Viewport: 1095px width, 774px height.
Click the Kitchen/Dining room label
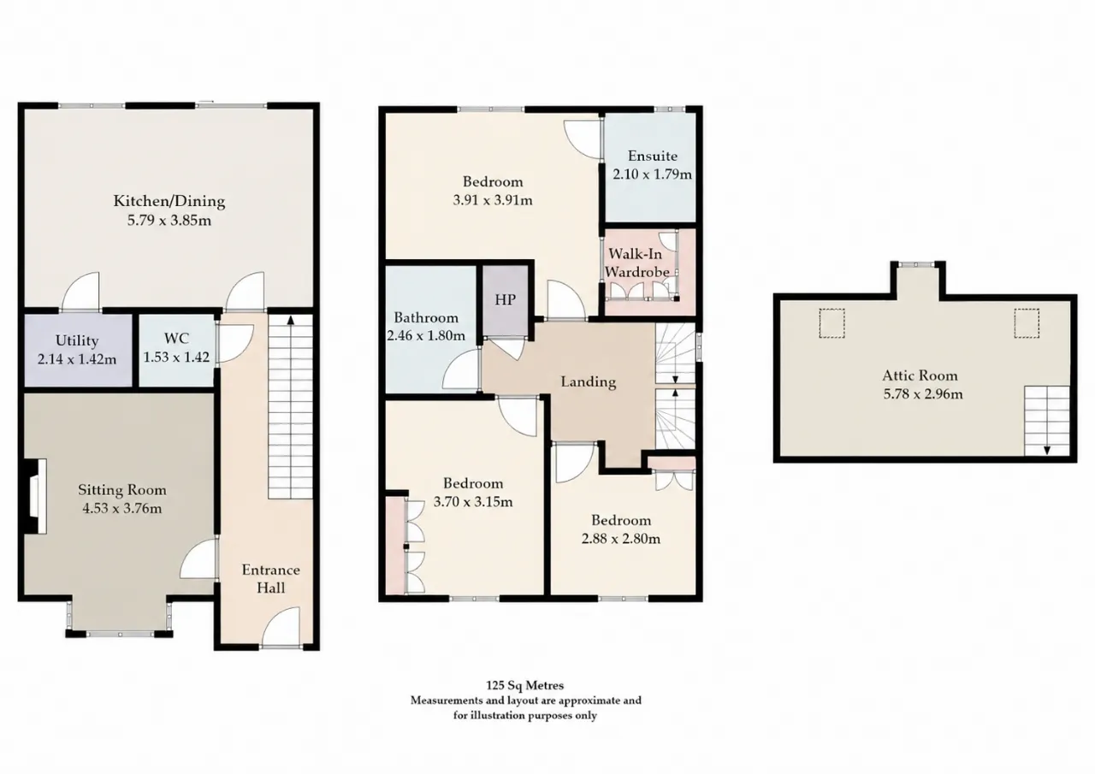[169, 201]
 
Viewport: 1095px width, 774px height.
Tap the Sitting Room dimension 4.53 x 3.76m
[121, 509]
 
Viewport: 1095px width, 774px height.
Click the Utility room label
[77, 340]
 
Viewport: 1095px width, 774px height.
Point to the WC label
[176, 338]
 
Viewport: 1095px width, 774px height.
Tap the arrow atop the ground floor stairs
[290, 321]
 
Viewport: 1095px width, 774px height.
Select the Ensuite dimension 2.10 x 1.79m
[652, 174]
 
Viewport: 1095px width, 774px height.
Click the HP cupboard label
[505, 299]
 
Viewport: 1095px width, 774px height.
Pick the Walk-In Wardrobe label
[637, 263]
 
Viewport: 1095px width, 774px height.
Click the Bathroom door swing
[460, 370]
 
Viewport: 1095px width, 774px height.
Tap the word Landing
[588, 381]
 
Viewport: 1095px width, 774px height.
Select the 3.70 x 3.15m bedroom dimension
[473, 502]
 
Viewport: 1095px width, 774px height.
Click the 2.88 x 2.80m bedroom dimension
[621, 539]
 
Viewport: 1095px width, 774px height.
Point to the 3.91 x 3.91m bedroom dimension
[492, 200]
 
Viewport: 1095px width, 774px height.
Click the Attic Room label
[920, 375]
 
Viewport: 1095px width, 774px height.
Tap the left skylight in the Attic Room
[832, 323]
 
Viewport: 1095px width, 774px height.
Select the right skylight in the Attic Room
[1026, 323]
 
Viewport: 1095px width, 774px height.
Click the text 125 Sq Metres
[524, 685]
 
